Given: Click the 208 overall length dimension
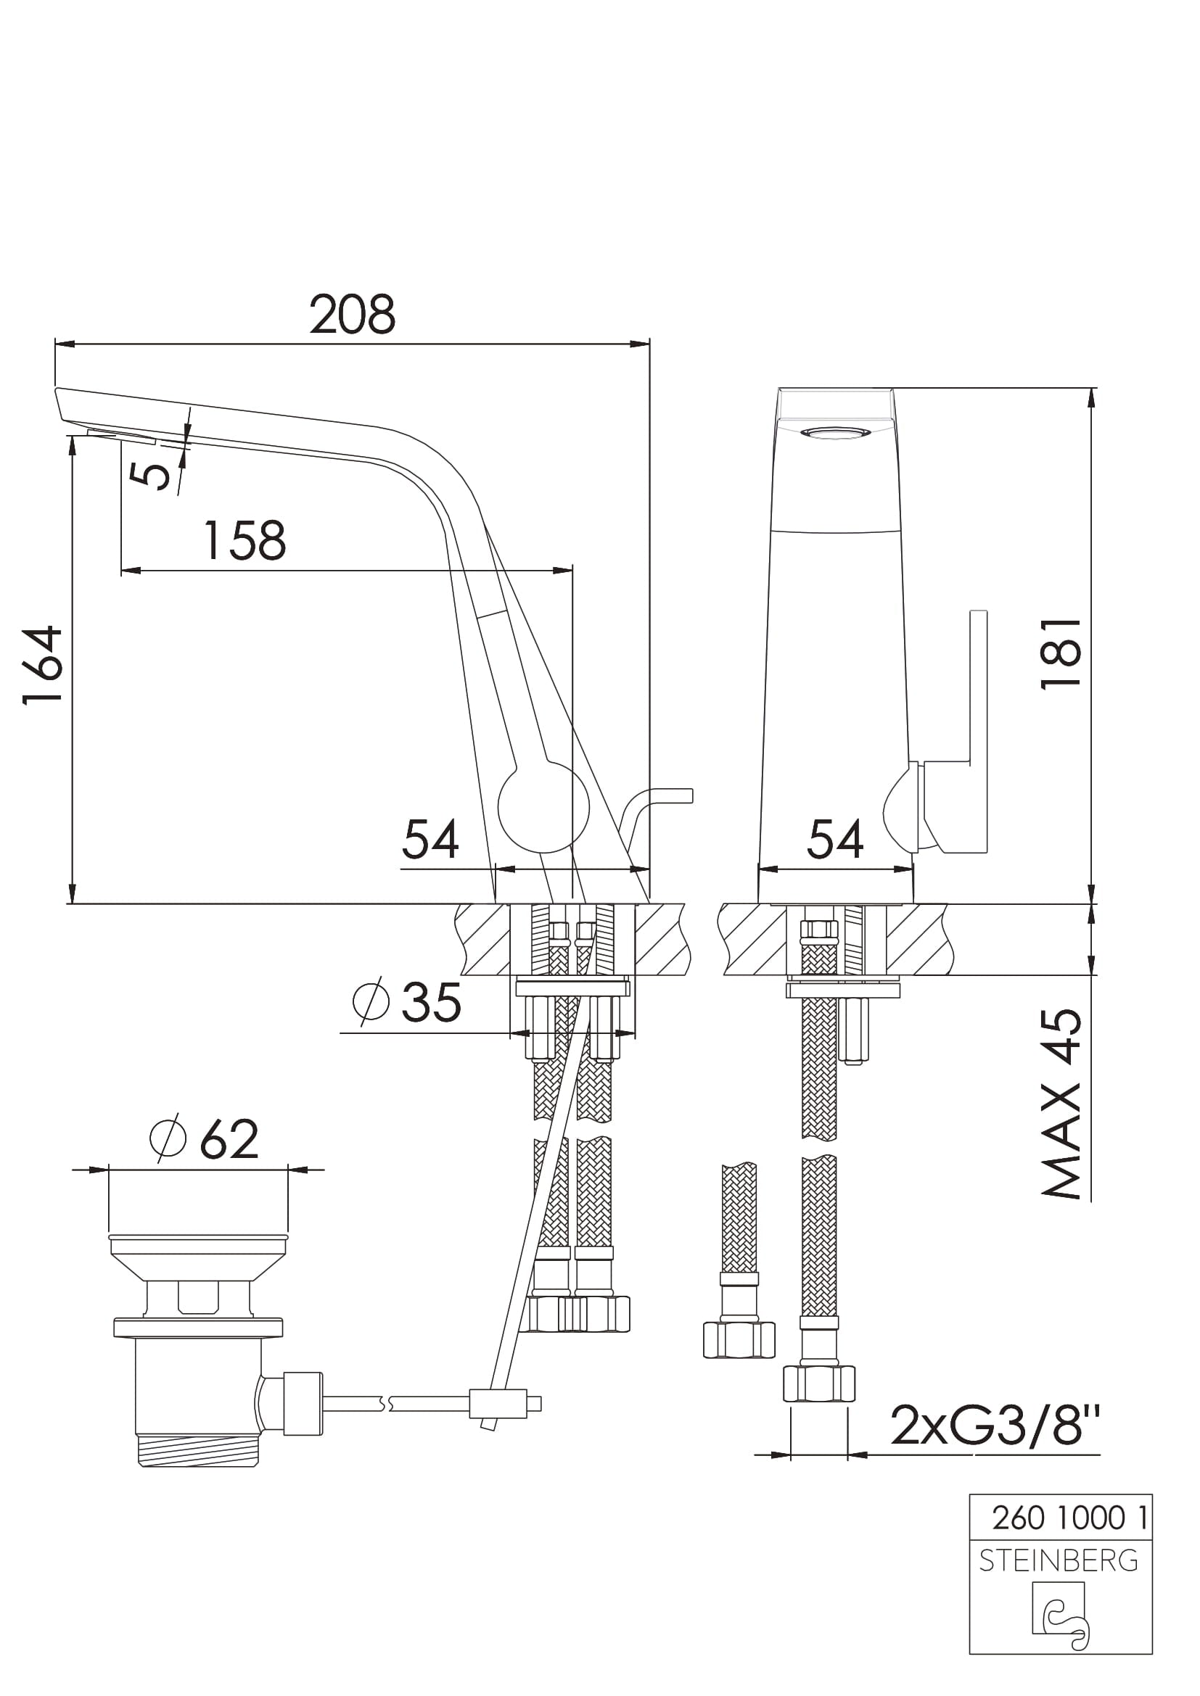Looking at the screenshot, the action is tap(353, 315).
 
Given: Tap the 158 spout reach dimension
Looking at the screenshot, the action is tap(244, 541).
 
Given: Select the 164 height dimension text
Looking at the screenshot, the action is tap(42, 665).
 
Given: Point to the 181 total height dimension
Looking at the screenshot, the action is tap(1061, 654).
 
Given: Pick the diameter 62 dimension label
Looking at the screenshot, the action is tap(204, 1139).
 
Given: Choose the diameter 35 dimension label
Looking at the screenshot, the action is tap(407, 1002).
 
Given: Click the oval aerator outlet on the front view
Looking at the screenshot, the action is tap(836, 433).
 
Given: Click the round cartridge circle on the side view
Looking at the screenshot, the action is tap(544, 808).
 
